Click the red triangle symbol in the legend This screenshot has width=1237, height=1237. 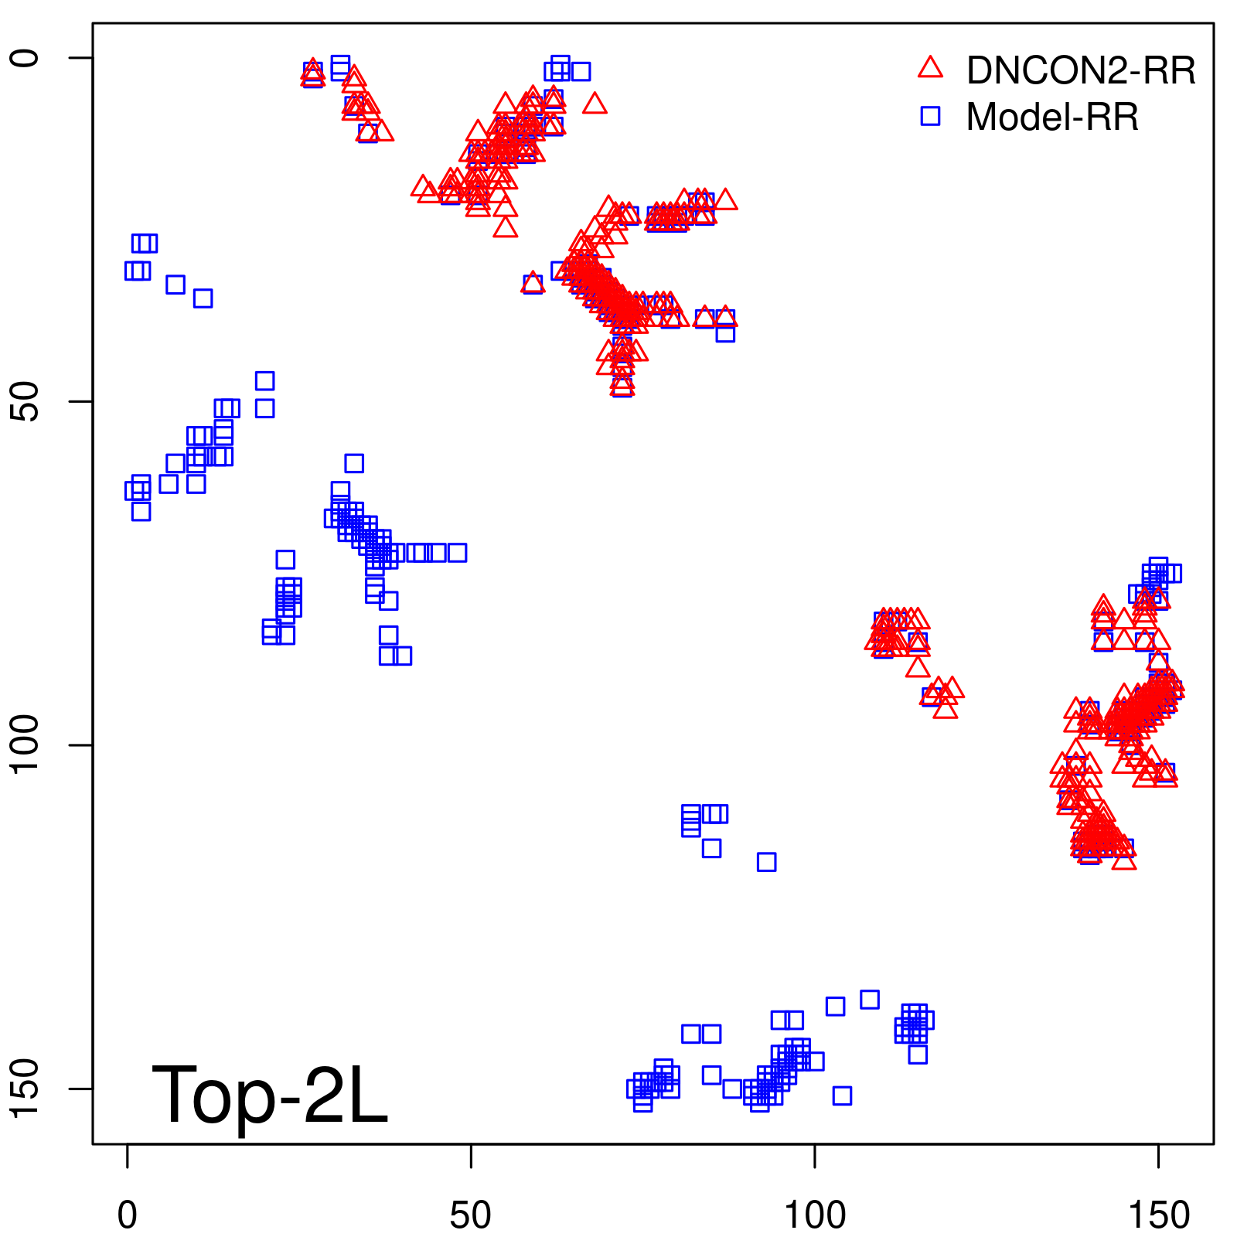pyautogui.click(x=930, y=68)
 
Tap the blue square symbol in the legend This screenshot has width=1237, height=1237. pyautogui.click(x=930, y=116)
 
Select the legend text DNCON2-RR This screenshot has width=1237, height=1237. pyautogui.click(x=1081, y=70)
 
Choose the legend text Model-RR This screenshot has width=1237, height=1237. pyautogui.click(x=1052, y=118)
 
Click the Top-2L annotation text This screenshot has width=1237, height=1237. pyautogui.click(x=269, y=1096)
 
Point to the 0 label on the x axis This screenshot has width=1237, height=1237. pyautogui.click(x=128, y=1215)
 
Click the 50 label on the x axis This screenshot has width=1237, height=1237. pyautogui.click(x=471, y=1215)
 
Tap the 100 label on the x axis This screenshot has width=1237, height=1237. pyautogui.click(x=815, y=1215)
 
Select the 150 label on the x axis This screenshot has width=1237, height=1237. pyautogui.click(x=1158, y=1215)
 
